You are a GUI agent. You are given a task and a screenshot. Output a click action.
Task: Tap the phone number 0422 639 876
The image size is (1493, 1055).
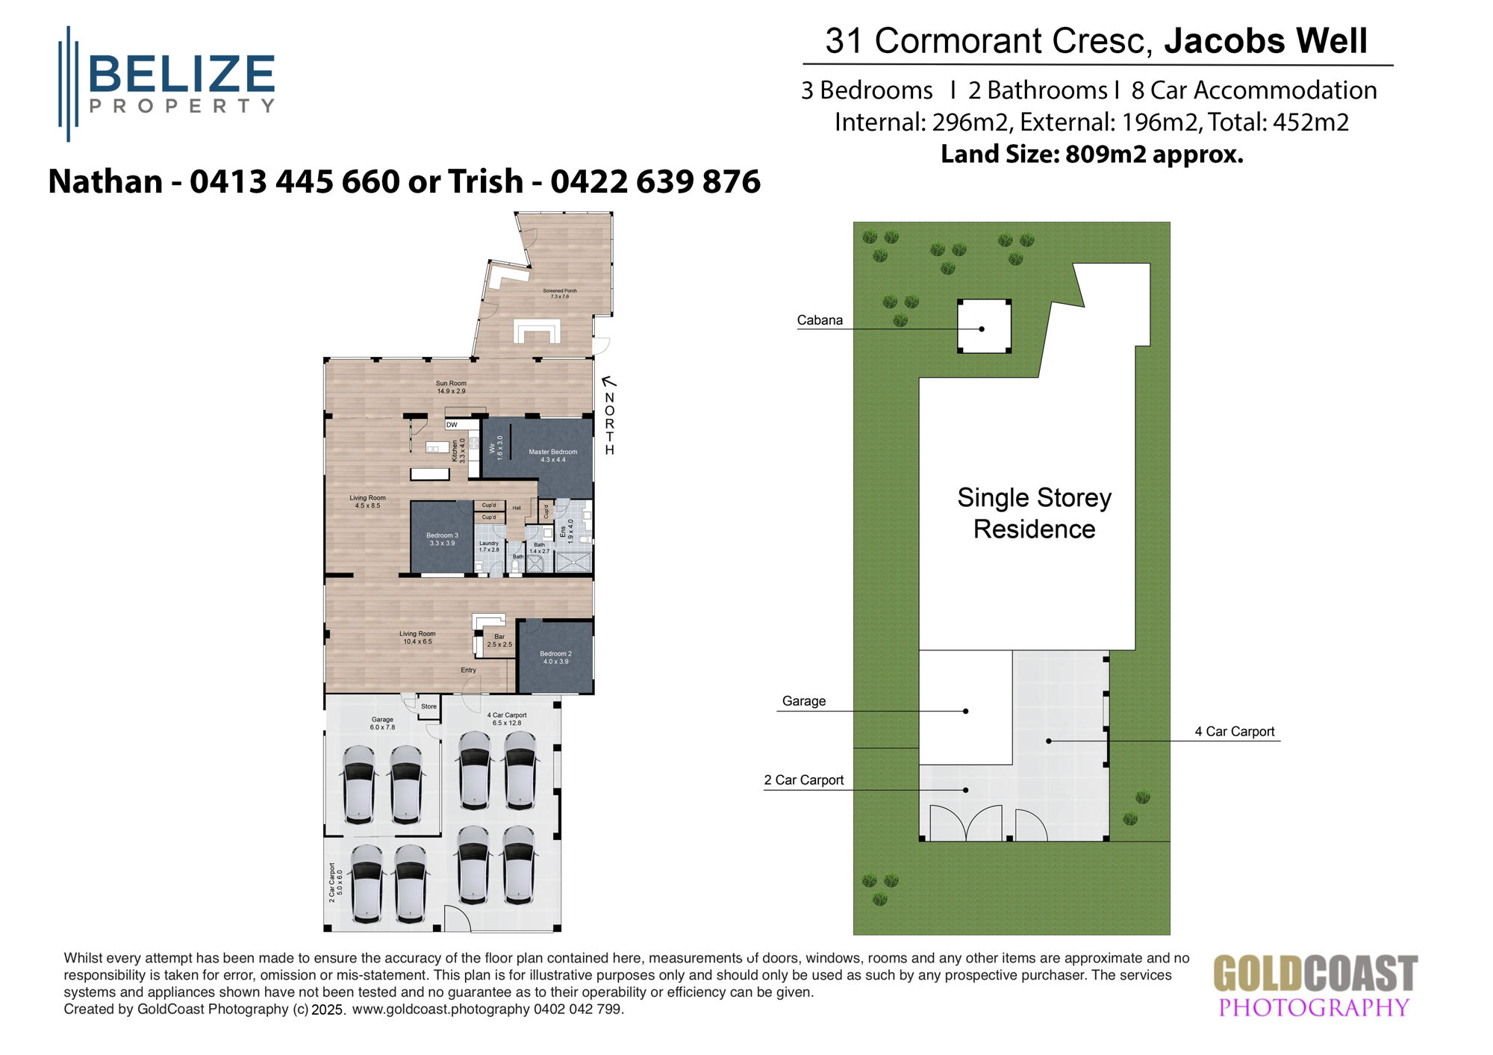[x=655, y=181]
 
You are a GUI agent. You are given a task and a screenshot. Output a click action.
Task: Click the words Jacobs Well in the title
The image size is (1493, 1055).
[x=1265, y=41]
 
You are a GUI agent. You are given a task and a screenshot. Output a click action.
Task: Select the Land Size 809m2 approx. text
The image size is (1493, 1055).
[x=1091, y=155]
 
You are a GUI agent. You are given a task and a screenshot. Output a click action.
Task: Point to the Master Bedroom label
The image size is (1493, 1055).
[x=552, y=455]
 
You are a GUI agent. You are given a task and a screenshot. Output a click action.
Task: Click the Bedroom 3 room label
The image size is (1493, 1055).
[x=442, y=539]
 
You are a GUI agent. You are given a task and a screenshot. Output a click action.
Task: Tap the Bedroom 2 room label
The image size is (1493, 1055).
[x=555, y=657]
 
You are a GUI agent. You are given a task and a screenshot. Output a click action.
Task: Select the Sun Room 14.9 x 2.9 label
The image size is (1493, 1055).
[x=451, y=387]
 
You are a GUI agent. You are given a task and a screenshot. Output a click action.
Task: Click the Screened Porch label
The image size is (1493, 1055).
[x=559, y=293]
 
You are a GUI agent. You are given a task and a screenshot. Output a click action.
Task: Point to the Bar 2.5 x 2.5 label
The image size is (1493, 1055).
[x=499, y=641]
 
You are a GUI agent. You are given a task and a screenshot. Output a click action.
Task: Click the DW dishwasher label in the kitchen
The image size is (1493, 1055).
[x=452, y=425]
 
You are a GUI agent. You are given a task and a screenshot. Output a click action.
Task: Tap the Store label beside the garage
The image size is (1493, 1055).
[x=428, y=706]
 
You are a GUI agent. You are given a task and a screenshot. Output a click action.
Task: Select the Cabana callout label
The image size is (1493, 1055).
[x=820, y=320]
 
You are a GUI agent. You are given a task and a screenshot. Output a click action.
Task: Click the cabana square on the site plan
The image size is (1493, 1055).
[x=984, y=326]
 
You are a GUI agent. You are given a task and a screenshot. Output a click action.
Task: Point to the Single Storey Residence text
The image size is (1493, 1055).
[x=1034, y=513]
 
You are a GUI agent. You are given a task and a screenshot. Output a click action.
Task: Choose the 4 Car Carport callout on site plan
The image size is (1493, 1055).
[x=1234, y=732]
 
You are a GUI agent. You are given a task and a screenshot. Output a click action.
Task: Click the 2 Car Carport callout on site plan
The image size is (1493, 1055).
[x=803, y=780]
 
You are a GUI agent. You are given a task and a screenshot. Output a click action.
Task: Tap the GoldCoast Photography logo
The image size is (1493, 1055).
[x=1315, y=986]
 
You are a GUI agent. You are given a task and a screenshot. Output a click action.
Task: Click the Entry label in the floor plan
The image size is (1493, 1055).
[x=468, y=670]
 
